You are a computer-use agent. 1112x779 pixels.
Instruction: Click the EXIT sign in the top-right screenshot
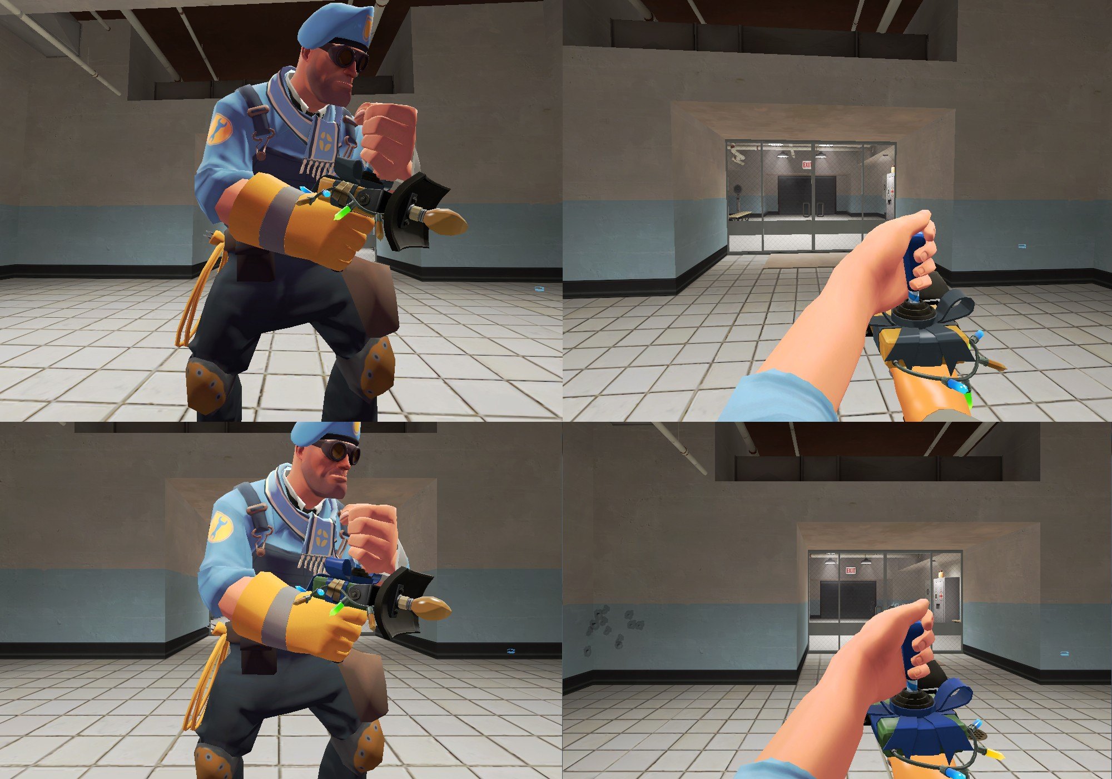(807, 165)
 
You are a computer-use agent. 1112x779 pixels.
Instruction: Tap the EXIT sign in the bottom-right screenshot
(851, 571)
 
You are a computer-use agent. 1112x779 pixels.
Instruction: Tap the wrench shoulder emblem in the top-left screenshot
(219, 130)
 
